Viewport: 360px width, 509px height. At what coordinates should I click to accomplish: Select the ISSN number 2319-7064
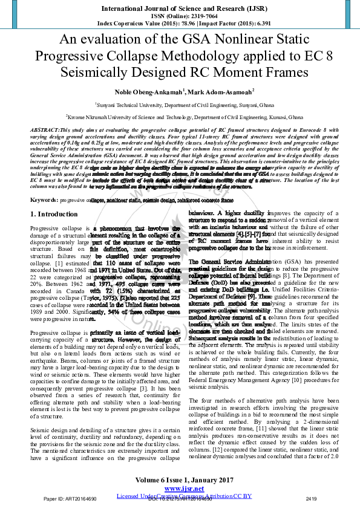[194, 16]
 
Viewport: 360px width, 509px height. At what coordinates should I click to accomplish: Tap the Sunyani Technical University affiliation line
[180, 104]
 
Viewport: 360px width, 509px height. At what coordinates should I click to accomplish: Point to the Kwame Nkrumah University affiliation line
[180, 116]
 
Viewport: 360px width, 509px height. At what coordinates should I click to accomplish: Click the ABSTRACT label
[45, 130]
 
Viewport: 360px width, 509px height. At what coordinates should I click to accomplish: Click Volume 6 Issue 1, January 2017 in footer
[180, 480]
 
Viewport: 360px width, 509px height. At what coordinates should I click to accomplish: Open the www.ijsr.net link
[180, 488]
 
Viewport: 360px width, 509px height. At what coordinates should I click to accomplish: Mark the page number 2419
[312, 499]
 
